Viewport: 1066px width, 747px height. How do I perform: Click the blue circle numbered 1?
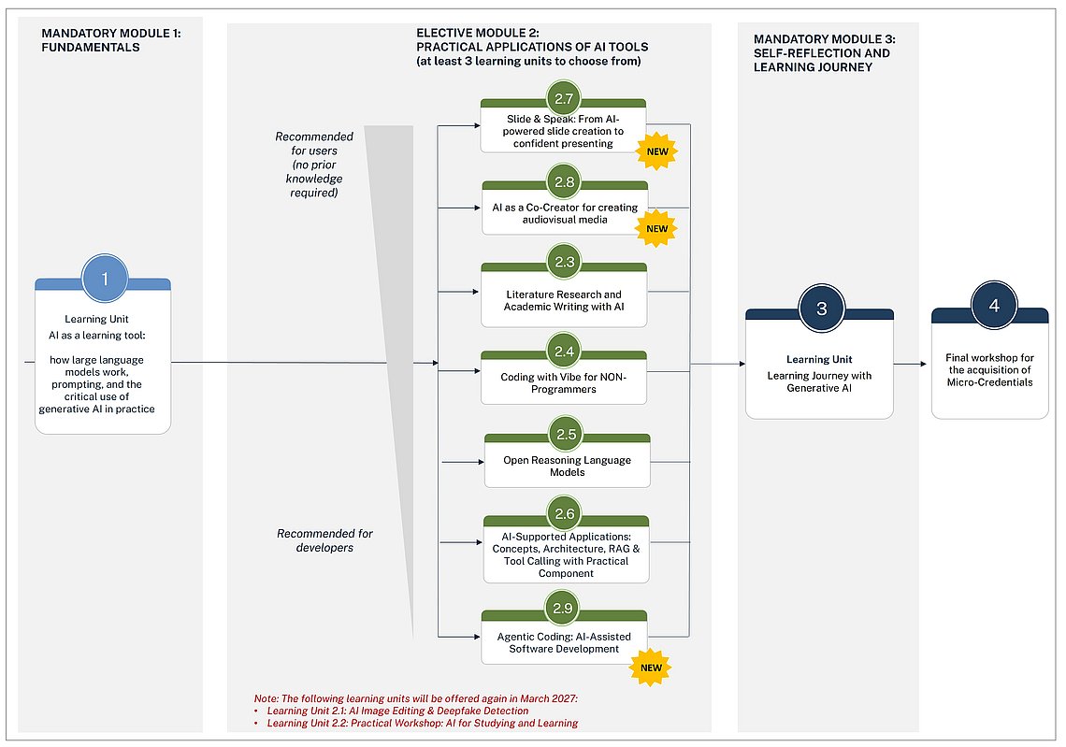pyautogui.click(x=105, y=278)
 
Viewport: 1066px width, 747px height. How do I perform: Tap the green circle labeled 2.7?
pyautogui.click(x=564, y=98)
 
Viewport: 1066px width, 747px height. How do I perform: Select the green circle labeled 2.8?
pyautogui.click(x=564, y=181)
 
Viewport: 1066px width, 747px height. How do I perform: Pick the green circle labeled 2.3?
pyautogui.click(x=564, y=262)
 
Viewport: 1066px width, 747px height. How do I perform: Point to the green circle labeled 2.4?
pyautogui.click(x=564, y=352)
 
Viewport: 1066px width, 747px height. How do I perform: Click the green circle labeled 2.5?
pyautogui.click(x=567, y=435)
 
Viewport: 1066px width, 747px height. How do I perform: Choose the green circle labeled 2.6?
pyautogui.click(x=565, y=514)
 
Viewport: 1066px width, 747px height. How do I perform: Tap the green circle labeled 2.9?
pyautogui.click(x=562, y=608)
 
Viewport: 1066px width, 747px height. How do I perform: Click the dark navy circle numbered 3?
pyautogui.click(x=821, y=309)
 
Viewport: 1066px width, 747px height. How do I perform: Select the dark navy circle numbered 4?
pyautogui.click(x=994, y=305)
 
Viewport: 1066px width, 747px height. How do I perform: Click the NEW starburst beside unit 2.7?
pyautogui.click(x=656, y=151)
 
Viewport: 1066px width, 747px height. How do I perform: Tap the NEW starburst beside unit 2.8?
pyautogui.click(x=656, y=228)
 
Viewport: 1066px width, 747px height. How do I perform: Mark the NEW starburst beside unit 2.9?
pyautogui.click(x=651, y=668)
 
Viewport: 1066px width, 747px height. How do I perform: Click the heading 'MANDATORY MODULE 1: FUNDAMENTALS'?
pyautogui.click(x=111, y=40)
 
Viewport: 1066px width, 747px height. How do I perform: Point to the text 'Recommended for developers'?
pyautogui.click(x=324, y=540)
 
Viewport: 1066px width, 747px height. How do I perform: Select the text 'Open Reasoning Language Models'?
pyautogui.click(x=567, y=467)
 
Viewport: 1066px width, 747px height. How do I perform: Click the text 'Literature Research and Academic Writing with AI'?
pyautogui.click(x=564, y=300)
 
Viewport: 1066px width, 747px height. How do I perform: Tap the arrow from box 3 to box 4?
pyautogui.click(x=910, y=365)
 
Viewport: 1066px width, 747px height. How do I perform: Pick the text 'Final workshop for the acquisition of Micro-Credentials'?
pyautogui.click(x=990, y=370)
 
